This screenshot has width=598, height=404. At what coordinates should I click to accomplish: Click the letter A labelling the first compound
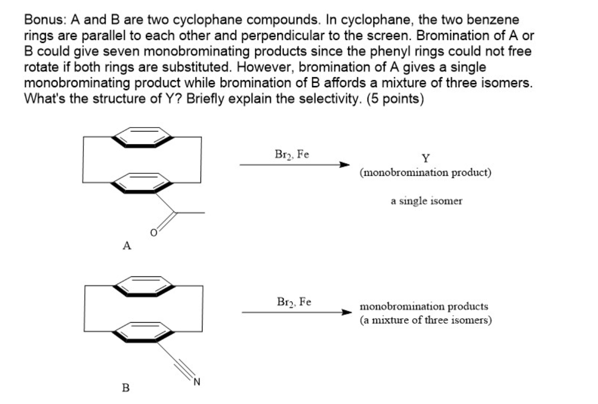point(126,245)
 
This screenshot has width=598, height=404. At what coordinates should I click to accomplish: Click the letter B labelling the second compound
point(126,388)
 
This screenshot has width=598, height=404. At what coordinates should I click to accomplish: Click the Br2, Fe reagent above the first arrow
point(292,154)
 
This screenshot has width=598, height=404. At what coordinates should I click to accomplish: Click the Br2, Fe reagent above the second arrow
point(293,302)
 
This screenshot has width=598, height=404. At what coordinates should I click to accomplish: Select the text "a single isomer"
point(427,201)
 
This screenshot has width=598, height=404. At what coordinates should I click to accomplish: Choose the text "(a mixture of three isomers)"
point(426,321)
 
